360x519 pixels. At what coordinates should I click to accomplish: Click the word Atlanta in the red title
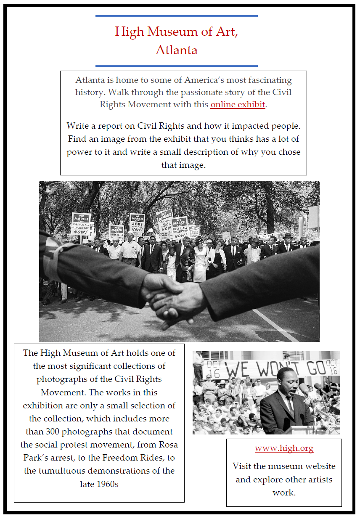(176, 50)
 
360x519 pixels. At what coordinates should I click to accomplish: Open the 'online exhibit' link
(238, 104)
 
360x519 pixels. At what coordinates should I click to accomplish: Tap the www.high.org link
(284, 448)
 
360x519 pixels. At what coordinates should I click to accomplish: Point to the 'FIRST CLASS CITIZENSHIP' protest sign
(180, 228)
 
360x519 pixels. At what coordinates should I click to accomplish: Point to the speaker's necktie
(291, 404)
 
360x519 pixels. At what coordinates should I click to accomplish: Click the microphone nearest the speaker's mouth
(304, 389)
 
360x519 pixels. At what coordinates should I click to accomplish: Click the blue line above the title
(176, 16)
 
